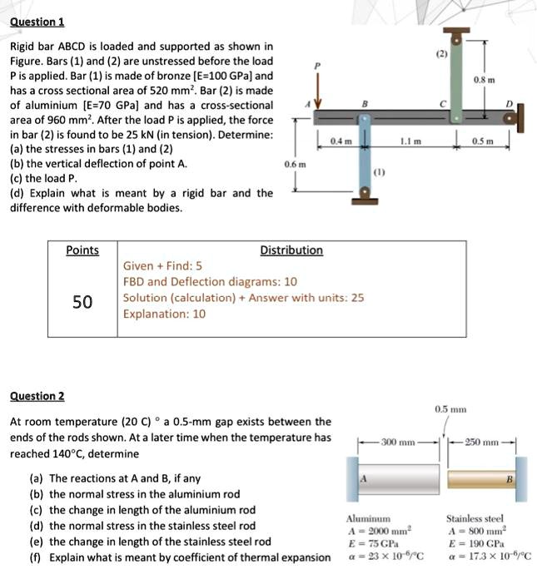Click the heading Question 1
point(37,22)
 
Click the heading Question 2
point(37,396)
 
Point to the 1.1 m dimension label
point(408,141)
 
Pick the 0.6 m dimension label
point(295,165)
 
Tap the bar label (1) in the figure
point(380,176)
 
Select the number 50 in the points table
point(82,301)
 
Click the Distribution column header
point(291,250)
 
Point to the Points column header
point(82,250)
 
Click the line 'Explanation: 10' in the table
point(164,314)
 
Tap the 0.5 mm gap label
point(450,409)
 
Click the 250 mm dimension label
point(484,442)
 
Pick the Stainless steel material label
point(475,517)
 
